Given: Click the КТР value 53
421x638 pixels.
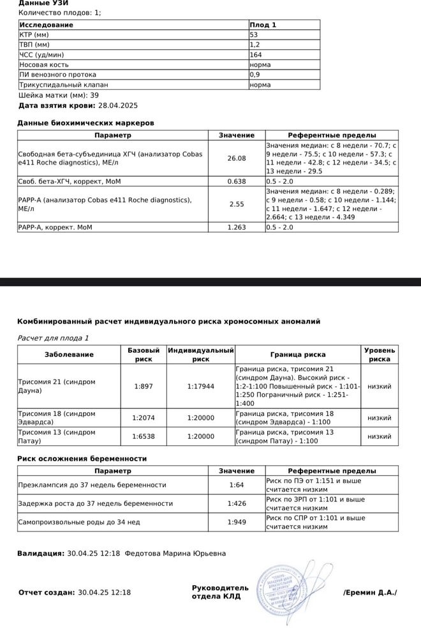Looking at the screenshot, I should point(254,34).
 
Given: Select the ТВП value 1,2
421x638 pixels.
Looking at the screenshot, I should point(255,45).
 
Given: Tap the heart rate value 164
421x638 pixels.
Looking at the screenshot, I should point(255,55).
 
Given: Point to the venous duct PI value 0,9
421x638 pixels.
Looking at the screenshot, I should point(255,75).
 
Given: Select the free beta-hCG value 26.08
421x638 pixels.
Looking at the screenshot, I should point(237,158).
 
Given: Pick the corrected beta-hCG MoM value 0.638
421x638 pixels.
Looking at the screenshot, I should point(237,181).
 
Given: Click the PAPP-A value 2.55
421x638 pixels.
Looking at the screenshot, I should point(237,204).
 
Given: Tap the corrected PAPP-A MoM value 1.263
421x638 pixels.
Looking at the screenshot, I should point(237,227).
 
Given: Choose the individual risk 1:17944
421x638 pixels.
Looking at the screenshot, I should point(201,386).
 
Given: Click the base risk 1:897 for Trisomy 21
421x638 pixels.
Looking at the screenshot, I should point(144,386).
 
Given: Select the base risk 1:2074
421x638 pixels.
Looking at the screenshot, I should point(144,418).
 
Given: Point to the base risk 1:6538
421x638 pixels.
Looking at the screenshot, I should point(144,436).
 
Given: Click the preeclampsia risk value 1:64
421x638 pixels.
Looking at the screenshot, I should point(237,485).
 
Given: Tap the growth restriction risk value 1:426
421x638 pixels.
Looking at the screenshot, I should point(237,503).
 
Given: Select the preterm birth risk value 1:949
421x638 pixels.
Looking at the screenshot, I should point(237,522).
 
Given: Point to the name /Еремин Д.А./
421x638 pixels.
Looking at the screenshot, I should point(370,592).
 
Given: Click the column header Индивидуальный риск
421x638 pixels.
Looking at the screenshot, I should point(201,355).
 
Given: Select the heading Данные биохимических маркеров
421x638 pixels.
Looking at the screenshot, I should point(85,122).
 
